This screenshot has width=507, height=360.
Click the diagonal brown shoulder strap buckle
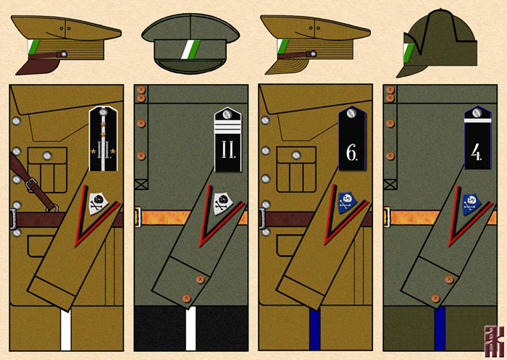[31, 185]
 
